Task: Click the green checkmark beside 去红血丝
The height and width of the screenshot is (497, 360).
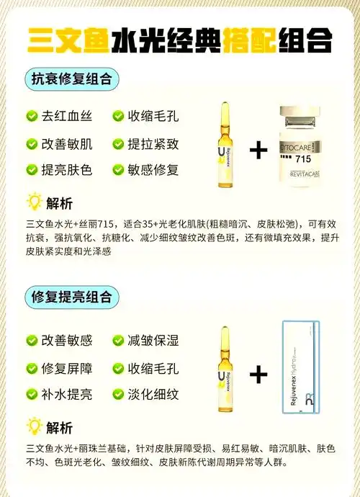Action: point(32,115)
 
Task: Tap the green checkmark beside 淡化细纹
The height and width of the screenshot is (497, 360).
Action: point(118,395)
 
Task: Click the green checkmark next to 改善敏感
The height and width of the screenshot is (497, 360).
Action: point(32,340)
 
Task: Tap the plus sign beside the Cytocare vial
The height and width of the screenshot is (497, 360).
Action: point(258,150)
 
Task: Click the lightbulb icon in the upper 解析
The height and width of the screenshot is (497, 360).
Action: point(32,201)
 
